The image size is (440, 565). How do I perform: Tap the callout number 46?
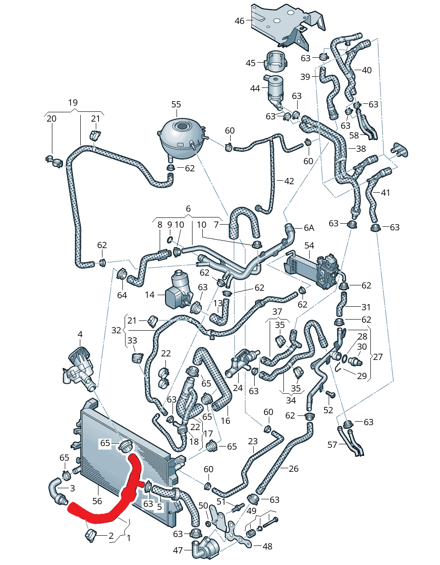point(239,20)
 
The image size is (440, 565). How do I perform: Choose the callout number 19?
point(73,103)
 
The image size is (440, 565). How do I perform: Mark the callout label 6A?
point(309,228)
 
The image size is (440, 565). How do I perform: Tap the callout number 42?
point(289,181)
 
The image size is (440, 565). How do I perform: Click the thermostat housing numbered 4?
point(79,367)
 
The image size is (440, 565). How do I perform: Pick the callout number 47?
point(178,550)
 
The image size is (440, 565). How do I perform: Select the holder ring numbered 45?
point(276,61)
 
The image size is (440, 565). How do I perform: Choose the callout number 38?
point(361,149)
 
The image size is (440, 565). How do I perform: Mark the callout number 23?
point(253,441)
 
